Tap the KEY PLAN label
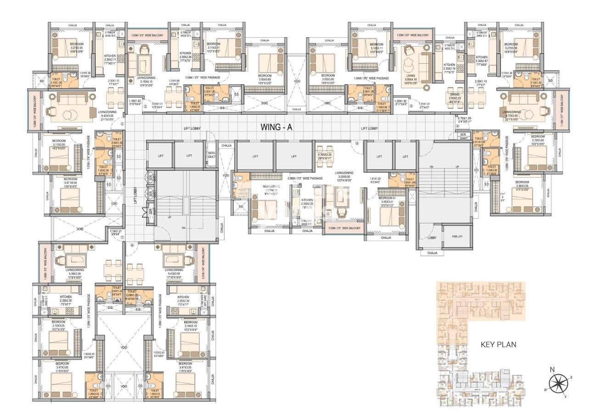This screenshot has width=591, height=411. click(x=498, y=344)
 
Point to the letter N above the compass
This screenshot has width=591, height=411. click(x=552, y=369)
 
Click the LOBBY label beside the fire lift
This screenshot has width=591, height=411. click(x=432, y=238)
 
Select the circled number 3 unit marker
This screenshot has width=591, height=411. click(x=411, y=107)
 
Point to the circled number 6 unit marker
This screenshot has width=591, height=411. click(x=132, y=245)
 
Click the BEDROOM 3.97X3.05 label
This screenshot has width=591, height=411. click(x=70, y=181)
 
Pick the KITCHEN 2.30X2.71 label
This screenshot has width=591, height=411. click(x=110, y=58)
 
